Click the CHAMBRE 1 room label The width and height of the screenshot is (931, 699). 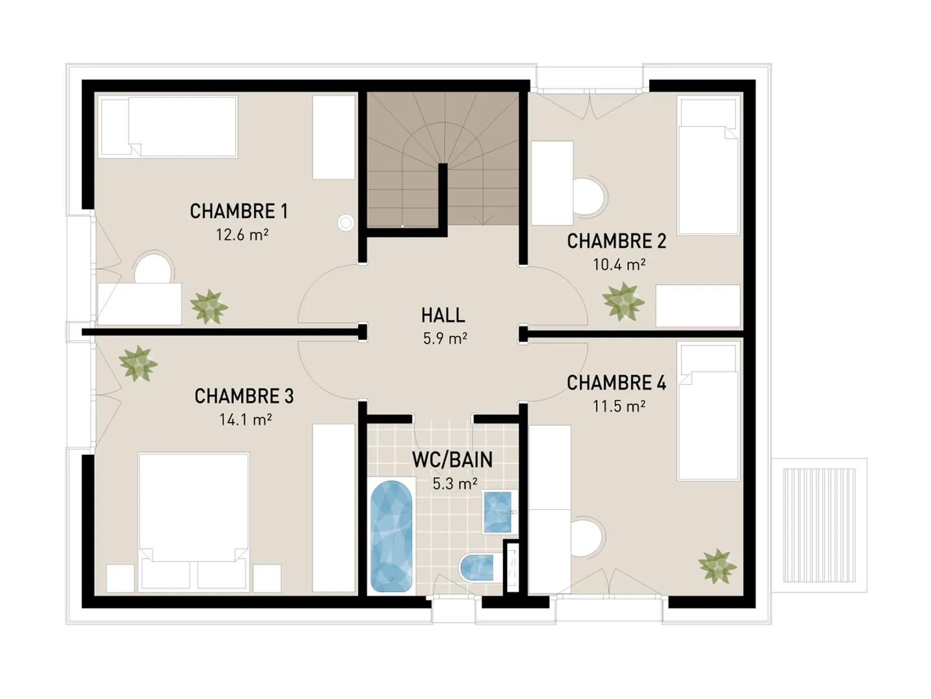[239, 211]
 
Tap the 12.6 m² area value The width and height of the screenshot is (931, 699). [242, 234]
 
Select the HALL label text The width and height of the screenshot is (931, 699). [443, 315]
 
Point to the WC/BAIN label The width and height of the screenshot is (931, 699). [453, 460]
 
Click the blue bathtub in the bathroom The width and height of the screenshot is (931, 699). [391, 536]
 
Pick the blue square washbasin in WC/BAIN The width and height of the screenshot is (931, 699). [498, 512]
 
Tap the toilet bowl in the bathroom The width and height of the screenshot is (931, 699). [477, 568]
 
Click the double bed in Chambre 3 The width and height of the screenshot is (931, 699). [193, 511]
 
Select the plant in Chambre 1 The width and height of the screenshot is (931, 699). [208, 307]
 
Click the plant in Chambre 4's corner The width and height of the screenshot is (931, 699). [717, 566]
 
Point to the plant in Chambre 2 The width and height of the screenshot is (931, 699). [623, 302]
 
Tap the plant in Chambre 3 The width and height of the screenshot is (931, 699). [138, 363]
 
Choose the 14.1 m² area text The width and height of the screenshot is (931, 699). [245, 419]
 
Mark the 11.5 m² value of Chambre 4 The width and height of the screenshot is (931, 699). [619, 406]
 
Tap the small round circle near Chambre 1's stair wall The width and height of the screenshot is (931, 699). [346, 223]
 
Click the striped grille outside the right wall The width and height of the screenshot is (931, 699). [819, 525]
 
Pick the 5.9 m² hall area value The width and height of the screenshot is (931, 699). [445, 338]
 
